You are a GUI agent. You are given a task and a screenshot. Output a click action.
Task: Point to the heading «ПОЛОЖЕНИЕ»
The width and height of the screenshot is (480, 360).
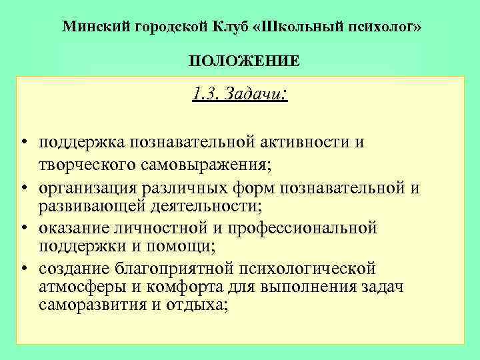click(x=243, y=62)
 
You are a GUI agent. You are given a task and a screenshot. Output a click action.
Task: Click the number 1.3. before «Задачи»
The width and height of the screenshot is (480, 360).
click(x=204, y=94)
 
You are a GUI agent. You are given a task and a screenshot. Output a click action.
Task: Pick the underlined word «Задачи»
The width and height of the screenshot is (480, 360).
click(x=249, y=94)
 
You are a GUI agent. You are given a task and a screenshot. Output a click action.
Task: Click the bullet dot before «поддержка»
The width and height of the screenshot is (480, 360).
click(x=23, y=143)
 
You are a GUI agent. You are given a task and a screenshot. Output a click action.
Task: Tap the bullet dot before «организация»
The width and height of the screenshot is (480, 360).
click(x=23, y=189)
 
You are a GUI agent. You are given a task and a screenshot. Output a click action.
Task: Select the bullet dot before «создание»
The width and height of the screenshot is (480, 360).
click(x=23, y=269)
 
